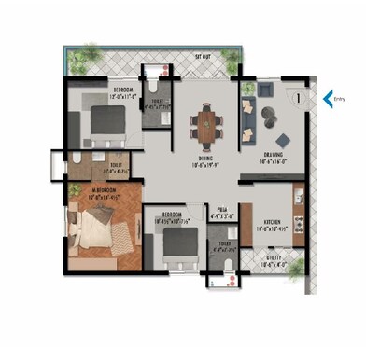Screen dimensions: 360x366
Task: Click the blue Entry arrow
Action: click(328, 96)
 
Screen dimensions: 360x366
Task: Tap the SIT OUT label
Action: click(203, 57)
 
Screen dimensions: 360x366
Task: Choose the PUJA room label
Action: click(220, 210)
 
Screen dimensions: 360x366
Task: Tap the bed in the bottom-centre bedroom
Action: click(173, 245)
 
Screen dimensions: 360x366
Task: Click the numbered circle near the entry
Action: click(296, 94)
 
